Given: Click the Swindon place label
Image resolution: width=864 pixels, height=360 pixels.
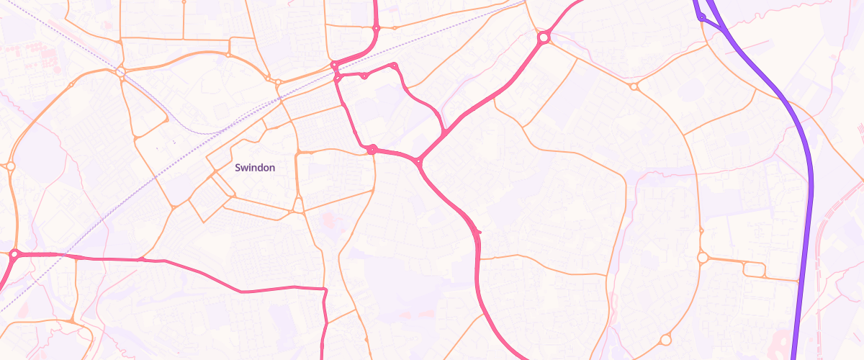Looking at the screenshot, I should point(255,167).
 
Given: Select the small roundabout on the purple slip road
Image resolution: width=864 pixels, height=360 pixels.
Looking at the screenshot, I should point(701,17).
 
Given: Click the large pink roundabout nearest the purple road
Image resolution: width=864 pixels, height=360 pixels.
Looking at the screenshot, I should point(544,37).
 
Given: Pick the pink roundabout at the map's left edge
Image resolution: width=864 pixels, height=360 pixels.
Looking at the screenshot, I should point(14,253).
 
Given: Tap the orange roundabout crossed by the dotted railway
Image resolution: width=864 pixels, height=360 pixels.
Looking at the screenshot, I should point(120,72).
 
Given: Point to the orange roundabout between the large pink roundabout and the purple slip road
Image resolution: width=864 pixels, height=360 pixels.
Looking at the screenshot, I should point(634,86).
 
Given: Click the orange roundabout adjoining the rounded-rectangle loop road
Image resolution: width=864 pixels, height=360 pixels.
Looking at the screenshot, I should point(703,257).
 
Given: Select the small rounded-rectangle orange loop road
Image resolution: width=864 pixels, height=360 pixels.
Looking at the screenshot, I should point(754,270).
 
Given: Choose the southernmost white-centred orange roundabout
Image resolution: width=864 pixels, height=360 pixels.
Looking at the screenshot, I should point(665,339).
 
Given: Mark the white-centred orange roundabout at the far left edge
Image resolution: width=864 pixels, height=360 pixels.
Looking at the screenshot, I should point(10,166).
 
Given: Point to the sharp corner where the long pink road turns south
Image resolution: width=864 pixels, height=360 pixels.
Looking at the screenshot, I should point(325,290).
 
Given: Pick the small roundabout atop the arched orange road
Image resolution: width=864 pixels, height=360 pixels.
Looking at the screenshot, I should point(228,54).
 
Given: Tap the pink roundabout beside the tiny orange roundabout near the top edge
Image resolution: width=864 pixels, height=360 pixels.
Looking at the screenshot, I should point(376,29).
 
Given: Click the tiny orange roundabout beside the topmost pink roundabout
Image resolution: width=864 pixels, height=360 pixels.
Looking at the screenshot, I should point(394,28).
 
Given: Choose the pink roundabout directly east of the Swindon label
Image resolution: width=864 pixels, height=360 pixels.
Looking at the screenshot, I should point(372,149).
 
